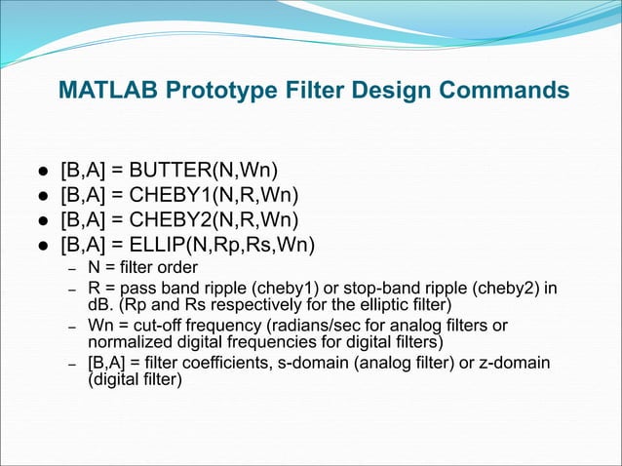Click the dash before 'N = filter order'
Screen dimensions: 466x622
pos(71,268)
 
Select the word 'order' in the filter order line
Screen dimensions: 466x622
pos(176,267)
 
